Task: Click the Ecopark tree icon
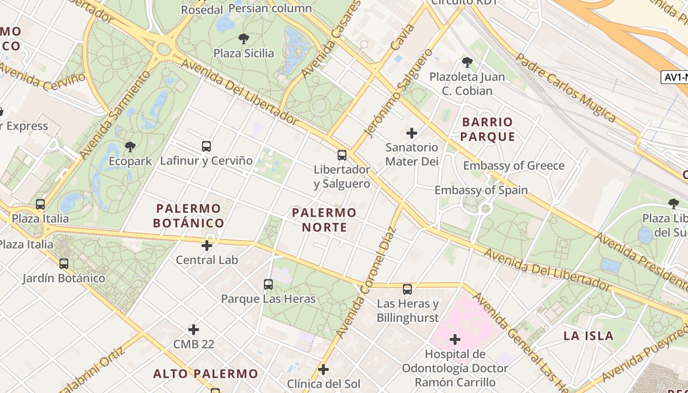pos(130,146)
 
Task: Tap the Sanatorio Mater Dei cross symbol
pos(412,133)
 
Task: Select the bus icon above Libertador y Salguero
pos(342,155)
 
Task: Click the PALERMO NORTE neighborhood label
pos(324,220)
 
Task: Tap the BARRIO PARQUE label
pos(488,129)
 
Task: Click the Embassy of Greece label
pos(514,166)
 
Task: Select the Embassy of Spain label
pos(481,190)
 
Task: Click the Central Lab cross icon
pos(207,245)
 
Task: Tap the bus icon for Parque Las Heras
pos(268,284)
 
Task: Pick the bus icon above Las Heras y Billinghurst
pos(407,289)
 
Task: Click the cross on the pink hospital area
pos(455,339)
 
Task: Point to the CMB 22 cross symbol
pos(194,329)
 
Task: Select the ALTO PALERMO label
pos(205,374)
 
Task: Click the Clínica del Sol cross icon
pos(323,369)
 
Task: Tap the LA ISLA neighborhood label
pos(588,336)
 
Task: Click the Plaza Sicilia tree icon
pos(243,38)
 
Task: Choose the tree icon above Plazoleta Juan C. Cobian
pos(467,62)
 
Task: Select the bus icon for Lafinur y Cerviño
pos(206,146)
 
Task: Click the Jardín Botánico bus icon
pos(64,264)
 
